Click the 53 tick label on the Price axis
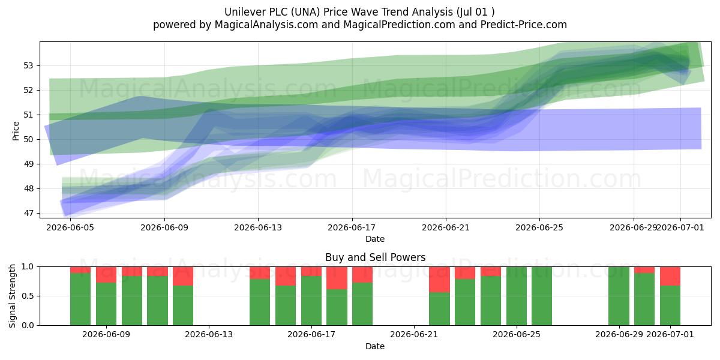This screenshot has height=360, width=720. [x=28, y=65]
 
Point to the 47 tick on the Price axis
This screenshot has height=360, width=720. [x=28, y=213]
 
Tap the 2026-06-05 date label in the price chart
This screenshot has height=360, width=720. [x=70, y=227]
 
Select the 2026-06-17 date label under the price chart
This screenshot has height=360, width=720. [x=352, y=227]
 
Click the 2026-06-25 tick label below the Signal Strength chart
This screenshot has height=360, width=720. [x=517, y=334]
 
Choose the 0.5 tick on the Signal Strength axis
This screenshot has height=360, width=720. [x=28, y=296]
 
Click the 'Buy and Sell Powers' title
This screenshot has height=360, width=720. [x=375, y=257]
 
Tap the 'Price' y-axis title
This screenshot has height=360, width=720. [x=16, y=131]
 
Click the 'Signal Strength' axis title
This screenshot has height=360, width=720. [x=12, y=296]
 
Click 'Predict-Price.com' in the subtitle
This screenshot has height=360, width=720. [x=524, y=25]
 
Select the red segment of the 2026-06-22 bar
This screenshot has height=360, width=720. [x=439, y=280]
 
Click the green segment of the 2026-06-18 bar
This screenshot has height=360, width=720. [x=337, y=307]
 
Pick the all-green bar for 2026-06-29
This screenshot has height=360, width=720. [x=619, y=296]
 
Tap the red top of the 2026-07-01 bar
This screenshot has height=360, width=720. [x=670, y=276]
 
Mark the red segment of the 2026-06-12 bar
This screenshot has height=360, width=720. [x=183, y=276]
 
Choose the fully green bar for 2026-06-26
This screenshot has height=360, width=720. [x=542, y=296]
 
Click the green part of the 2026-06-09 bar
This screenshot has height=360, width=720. [x=106, y=304]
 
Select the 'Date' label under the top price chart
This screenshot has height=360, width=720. [x=375, y=239]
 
